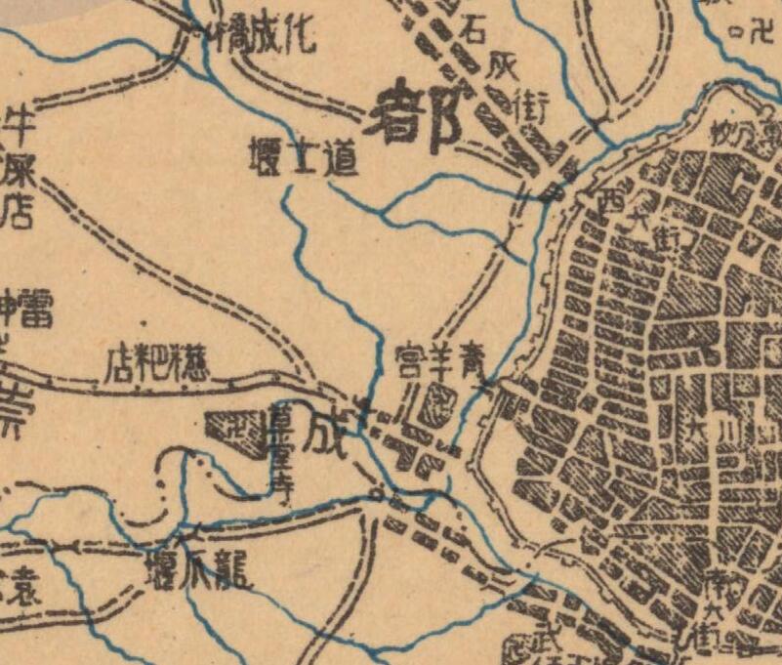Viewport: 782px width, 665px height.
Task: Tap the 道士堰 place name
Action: point(301,158)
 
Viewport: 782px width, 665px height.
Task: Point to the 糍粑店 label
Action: point(144,364)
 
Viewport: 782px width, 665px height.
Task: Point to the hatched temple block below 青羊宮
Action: point(441,398)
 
